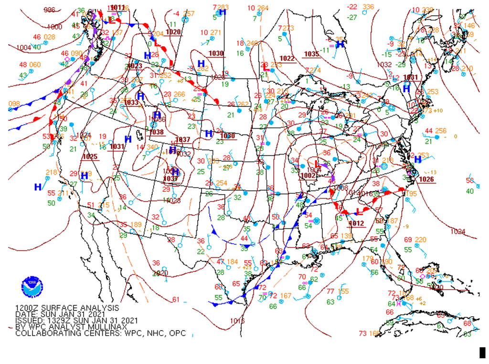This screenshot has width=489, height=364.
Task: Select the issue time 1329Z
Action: (57, 320)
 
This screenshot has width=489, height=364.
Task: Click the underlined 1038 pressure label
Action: (157, 132)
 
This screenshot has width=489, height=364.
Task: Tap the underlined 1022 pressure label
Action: (287, 58)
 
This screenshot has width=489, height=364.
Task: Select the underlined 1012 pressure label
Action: (357, 223)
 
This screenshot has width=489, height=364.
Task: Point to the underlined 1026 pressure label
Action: (426, 179)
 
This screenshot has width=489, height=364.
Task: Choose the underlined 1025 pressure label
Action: (90, 156)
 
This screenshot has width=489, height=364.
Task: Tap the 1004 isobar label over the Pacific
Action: (24, 47)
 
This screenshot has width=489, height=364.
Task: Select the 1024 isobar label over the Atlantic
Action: (457, 231)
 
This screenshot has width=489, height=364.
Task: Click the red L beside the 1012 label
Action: (360, 211)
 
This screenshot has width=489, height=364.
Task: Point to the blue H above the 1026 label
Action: (417, 159)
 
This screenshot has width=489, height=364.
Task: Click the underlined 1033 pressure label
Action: (131, 103)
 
